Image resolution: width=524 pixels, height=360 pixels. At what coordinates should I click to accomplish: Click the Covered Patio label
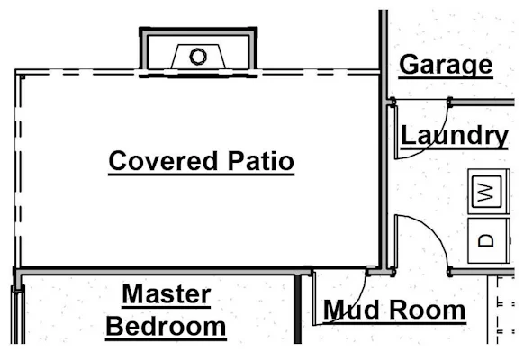click(201, 162)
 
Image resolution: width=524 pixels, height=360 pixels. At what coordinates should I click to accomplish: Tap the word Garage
click(446, 65)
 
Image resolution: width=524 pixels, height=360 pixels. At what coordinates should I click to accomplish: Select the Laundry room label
click(455, 136)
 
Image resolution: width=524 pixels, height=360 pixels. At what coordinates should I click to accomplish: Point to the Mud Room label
click(394, 310)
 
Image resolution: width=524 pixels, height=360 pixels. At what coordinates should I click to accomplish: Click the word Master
click(167, 294)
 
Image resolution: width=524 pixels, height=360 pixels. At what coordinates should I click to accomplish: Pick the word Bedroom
click(166, 327)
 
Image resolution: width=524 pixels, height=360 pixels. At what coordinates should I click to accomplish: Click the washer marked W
click(489, 192)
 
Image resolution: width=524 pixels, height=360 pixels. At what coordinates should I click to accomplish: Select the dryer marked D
click(489, 240)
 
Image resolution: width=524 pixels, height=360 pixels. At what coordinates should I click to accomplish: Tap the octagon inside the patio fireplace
click(198, 57)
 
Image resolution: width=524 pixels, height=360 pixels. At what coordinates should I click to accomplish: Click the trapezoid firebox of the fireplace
click(198, 57)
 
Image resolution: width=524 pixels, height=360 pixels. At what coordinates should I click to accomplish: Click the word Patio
click(261, 161)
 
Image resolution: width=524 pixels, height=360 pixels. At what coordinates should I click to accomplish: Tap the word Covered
click(163, 161)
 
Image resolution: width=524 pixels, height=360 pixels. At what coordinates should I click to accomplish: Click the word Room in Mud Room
click(428, 310)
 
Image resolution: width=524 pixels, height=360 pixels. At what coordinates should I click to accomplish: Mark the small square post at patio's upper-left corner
click(23, 76)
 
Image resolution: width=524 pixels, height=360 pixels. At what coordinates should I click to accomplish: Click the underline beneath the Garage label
click(446, 78)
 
